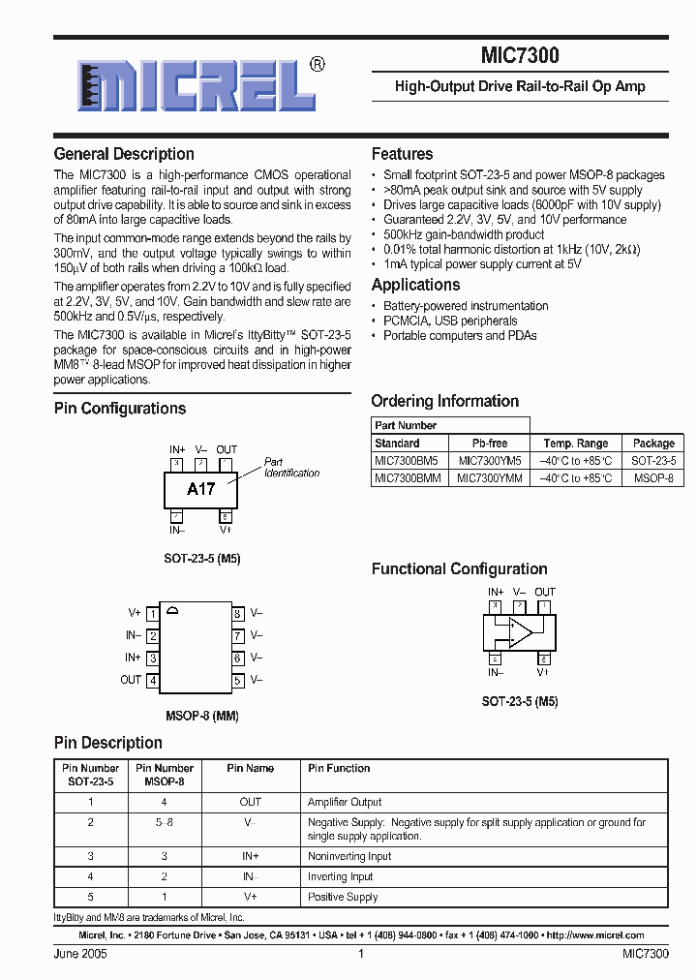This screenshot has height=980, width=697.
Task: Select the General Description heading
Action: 124,154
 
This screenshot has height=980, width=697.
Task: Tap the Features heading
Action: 402,154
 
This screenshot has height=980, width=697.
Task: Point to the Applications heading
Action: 415,285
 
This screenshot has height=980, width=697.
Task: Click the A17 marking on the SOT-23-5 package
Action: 200,489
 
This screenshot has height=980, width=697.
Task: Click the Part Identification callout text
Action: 291,468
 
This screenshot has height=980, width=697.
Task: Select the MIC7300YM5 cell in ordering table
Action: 489,461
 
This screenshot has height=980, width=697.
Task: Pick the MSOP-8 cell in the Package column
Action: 652,478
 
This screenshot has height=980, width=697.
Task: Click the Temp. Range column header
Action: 576,443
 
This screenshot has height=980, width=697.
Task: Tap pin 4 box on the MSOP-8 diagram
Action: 153,681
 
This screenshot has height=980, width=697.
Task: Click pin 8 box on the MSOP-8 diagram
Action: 237,614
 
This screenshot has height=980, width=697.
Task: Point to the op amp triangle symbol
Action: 521,632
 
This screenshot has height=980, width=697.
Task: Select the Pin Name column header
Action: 251,768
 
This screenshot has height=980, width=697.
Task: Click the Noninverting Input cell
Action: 349,856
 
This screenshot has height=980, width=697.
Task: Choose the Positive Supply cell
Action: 342,897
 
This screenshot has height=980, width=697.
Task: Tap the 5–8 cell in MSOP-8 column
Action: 165,822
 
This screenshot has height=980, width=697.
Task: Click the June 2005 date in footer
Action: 80,954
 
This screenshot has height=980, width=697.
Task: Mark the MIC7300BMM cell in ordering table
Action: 407,478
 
